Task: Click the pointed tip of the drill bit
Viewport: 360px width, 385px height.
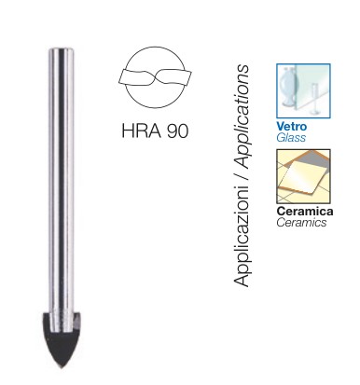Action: (x=62, y=367)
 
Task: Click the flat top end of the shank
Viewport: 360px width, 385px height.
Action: (x=62, y=48)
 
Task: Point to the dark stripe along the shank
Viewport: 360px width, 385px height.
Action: (x=62, y=180)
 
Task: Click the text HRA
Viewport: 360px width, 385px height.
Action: (x=142, y=131)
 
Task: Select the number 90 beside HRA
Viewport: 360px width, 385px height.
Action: (x=177, y=131)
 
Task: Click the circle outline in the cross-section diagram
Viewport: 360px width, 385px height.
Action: (x=155, y=48)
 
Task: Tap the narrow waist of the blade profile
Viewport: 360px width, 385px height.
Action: (x=155, y=76)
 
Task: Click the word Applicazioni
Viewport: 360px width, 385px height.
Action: (x=242, y=236)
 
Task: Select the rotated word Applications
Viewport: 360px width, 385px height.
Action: (x=242, y=117)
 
